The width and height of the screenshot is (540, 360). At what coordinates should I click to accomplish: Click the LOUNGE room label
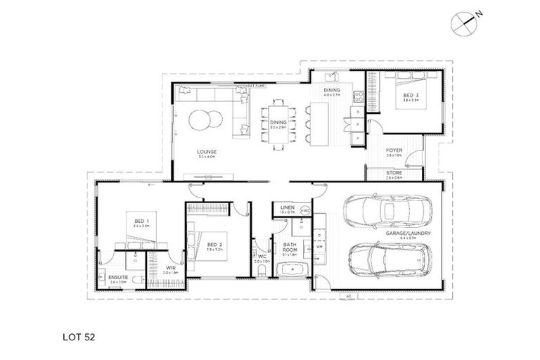(x=207, y=151)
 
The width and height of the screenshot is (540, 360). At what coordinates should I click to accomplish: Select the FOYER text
(x=394, y=150)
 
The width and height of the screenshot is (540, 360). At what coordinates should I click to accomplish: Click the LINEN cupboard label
(x=286, y=208)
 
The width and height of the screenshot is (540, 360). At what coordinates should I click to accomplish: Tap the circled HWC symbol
(x=304, y=210)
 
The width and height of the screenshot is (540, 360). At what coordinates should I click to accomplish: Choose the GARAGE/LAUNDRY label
(x=409, y=233)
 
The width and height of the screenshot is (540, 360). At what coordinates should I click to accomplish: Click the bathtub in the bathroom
(x=290, y=269)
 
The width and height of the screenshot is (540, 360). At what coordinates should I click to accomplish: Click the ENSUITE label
(x=117, y=278)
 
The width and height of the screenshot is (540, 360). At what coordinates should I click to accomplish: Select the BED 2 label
(x=214, y=245)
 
